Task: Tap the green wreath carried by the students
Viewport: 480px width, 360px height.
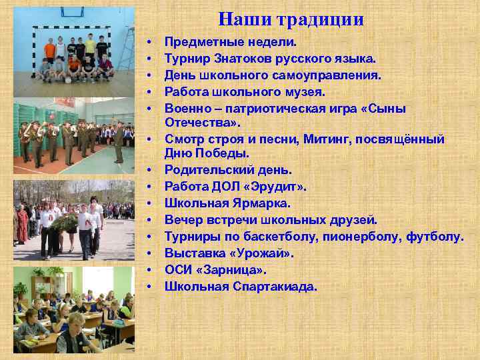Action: [64, 223]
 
